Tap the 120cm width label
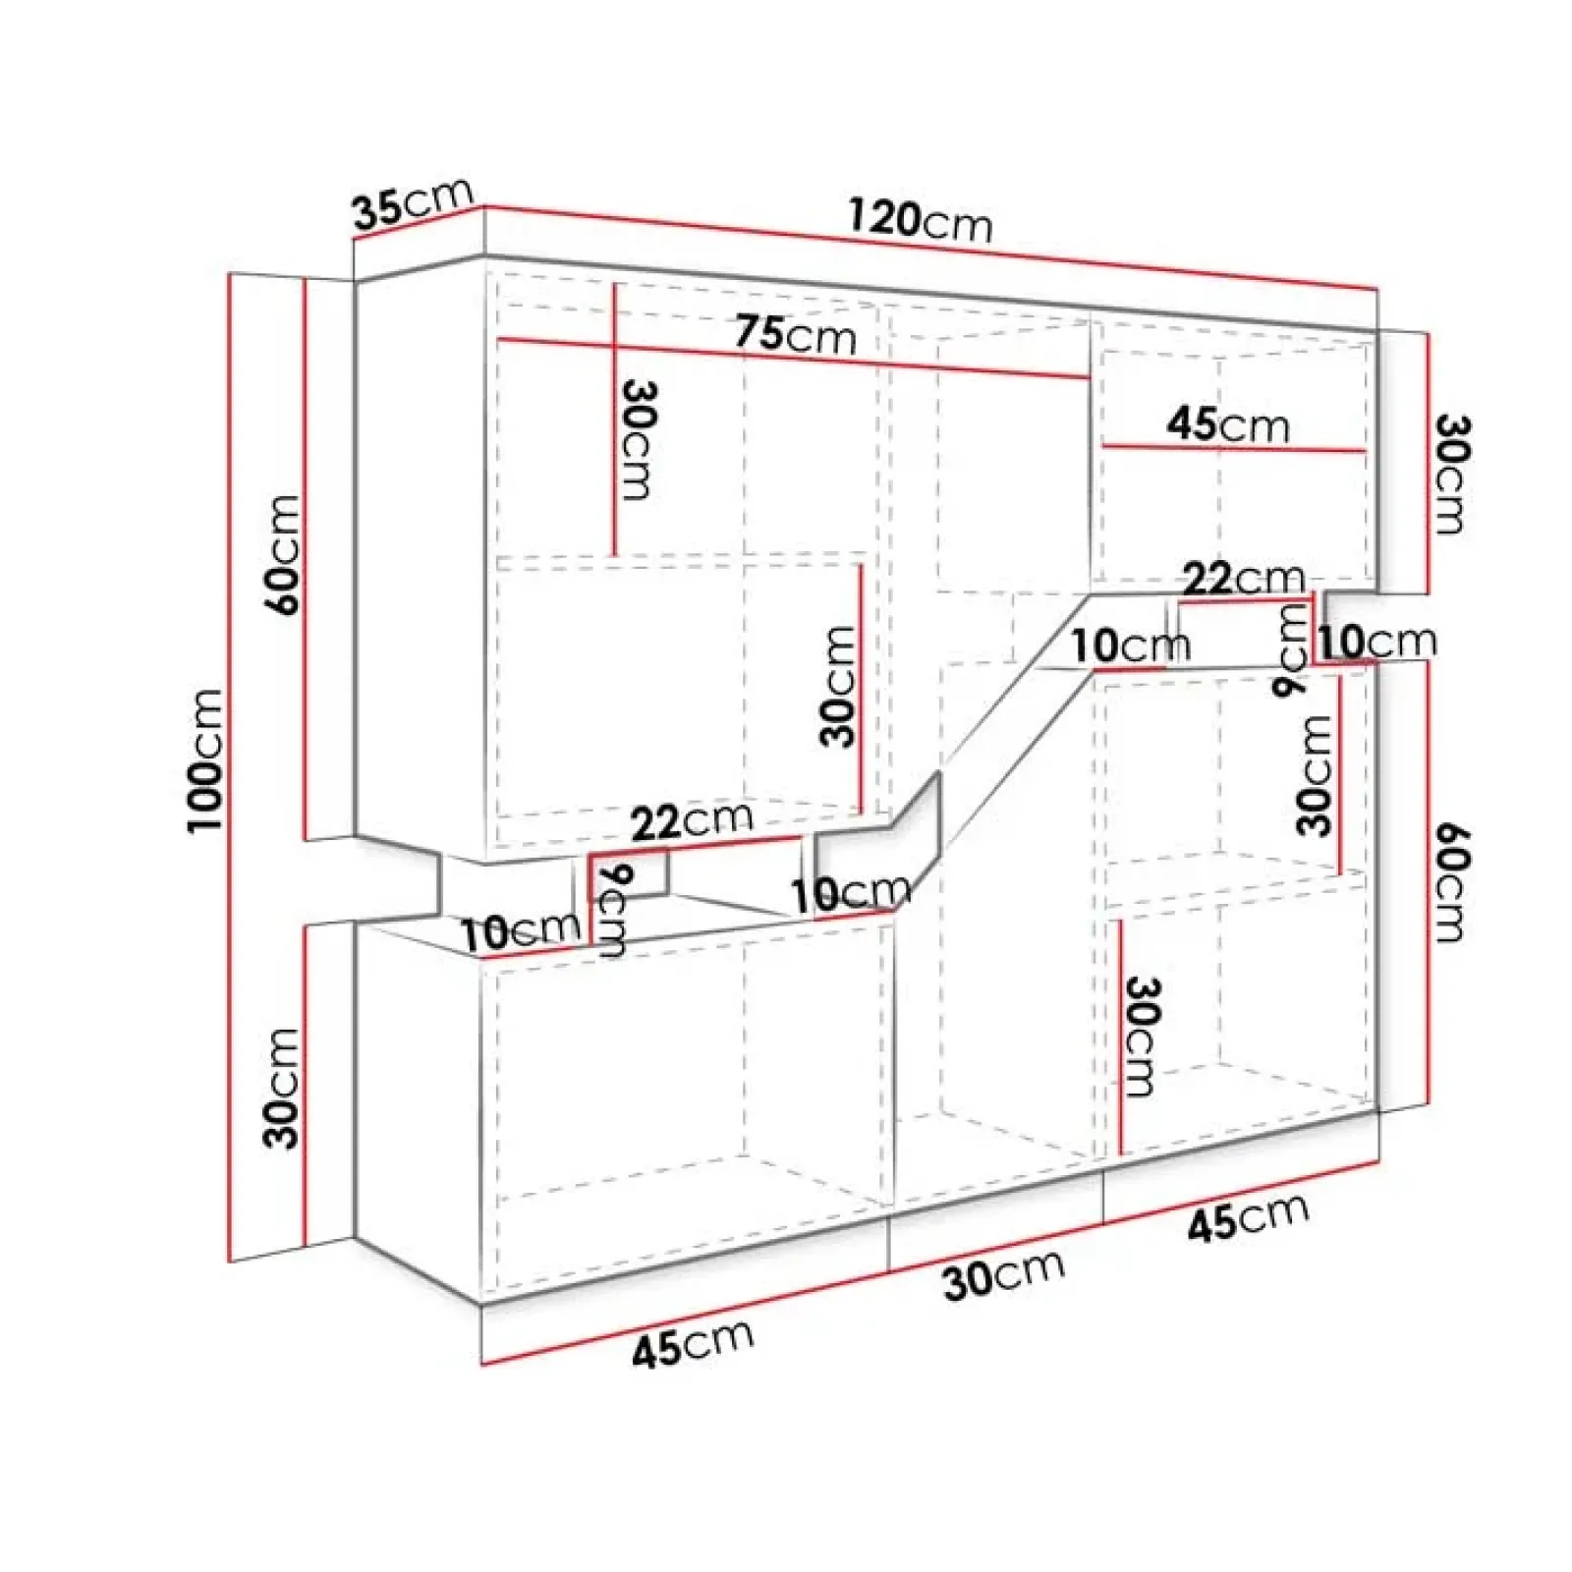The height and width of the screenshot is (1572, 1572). (921, 221)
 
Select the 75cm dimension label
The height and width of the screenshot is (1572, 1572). (796, 334)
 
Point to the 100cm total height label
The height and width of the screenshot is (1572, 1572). (206, 760)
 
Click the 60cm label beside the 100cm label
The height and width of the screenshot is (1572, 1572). (282, 555)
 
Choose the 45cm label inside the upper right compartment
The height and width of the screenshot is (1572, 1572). (1228, 424)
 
